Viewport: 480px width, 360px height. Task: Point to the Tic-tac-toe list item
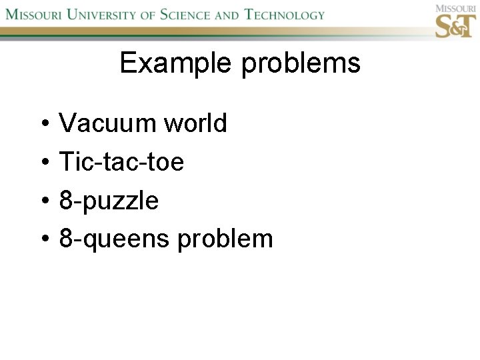[x=121, y=161]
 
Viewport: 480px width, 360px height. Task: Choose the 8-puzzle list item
[x=109, y=200]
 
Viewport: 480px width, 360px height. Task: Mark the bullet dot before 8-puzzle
[x=41, y=201]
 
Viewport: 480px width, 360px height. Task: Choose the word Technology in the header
[x=285, y=14]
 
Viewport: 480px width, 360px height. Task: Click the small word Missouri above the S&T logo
[x=455, y=8]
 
